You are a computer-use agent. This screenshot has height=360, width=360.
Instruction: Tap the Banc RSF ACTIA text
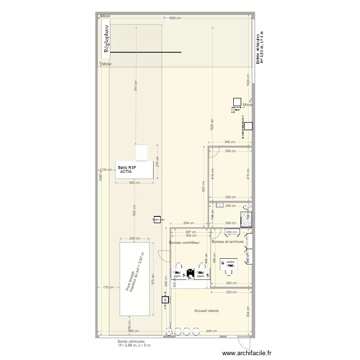pos(127,169)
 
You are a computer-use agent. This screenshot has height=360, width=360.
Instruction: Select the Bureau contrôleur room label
pos(184,243)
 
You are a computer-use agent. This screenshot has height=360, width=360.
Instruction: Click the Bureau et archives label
pos(228,241)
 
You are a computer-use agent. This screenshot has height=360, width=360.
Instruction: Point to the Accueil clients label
pos(206,311)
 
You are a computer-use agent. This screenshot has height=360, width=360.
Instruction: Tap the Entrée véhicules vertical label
pos(260,48)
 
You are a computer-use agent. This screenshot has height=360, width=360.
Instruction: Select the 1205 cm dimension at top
pos(175,18)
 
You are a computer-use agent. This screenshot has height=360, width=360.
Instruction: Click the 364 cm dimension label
pos(248,312)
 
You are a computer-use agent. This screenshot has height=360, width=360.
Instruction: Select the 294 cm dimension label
pos(189,223)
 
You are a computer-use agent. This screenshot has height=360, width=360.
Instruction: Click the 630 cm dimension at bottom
pos(212,331)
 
